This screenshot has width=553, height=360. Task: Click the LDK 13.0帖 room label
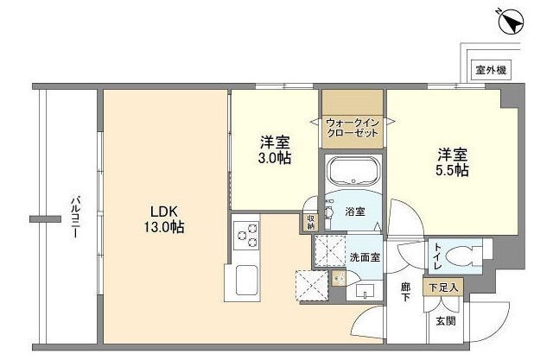click(x=164, y=219)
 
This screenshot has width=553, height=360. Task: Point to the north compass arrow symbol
click(x=509, y=21)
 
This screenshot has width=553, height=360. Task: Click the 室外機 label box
click(x=490, y=70)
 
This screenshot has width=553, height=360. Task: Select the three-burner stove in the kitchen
click(x=246, y=236)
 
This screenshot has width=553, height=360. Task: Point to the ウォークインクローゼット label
click(x=353, y=129)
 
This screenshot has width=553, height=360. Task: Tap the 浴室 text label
click(x=355, y=210)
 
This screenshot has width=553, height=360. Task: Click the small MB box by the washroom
click(x=339, y=278)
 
